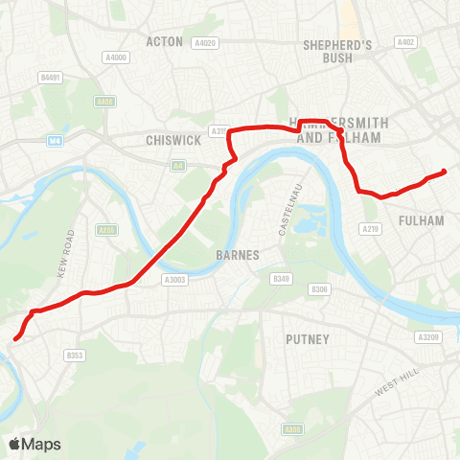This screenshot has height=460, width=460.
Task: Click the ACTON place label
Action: point(164,41)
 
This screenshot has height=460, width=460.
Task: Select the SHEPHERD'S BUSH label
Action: point(336,51)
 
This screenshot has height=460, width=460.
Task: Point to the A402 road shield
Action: point(406,42)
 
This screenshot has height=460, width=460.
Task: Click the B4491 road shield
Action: point(50,78)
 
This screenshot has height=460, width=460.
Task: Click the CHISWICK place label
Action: point(172,140)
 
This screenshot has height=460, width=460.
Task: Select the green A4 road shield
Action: point(178,166)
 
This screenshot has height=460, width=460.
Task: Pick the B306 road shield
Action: point(320,289)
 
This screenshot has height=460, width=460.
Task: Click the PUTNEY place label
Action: point(308,339)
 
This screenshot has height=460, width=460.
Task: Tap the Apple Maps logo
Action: point(34,444)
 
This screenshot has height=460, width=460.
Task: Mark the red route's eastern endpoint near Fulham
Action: point(444,172)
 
